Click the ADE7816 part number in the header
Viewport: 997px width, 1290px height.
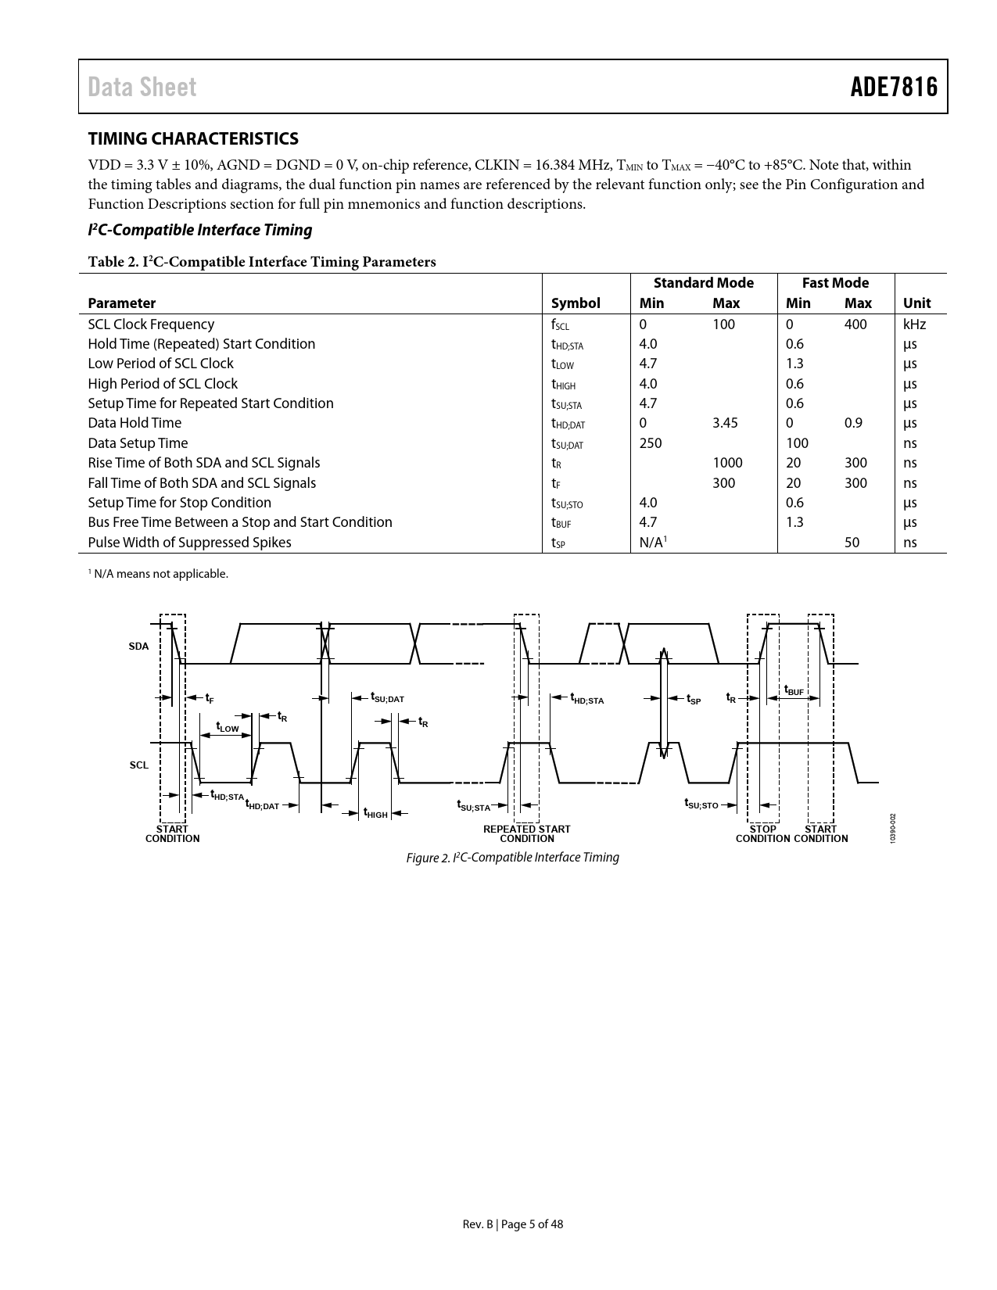pyautogui.click(x=894, y=87)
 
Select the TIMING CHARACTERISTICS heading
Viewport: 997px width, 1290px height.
pyautogui.click(x=193, y=139)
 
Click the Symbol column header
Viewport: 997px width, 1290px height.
pyautogui.click(x=575, y=303)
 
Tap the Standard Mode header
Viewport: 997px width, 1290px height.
pyautogui.click(x=703, y=283)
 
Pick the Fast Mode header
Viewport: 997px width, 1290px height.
pyautogui.click(x=835, y=283)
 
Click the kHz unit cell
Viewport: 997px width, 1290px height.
pyautogui.click(x=914, y=324)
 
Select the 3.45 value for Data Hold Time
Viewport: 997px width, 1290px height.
pyautogui.click(x=726, y=423)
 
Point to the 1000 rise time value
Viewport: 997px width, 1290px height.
pyautogui.click(x=727, y=463)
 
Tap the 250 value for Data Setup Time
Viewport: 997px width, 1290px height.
pyautogui.click(x=651, y=443)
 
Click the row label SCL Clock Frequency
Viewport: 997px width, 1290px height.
pyautogui.click(x=151, y=324)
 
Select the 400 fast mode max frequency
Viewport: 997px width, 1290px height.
pyautogui.click(x=855, y=324)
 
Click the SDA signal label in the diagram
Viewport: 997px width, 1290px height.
pyautogui.click(x=138, y=647)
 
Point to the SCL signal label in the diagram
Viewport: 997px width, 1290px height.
pyautogui.click(x=139, y=765)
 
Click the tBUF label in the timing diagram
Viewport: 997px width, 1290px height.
pyautogui.click(x=794, y=690)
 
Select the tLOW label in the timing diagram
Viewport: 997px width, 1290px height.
pyautogui.click(x=228, y=728)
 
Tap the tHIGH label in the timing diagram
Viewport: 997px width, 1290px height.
pyautogui.click(x=375, y=814)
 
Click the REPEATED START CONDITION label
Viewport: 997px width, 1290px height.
pyautogui.click(x=526, y=833)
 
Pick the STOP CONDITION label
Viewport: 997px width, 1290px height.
pyautogui.click(x=762, y=833)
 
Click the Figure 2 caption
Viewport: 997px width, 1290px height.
pyautogui.click(x=512, y=858)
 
